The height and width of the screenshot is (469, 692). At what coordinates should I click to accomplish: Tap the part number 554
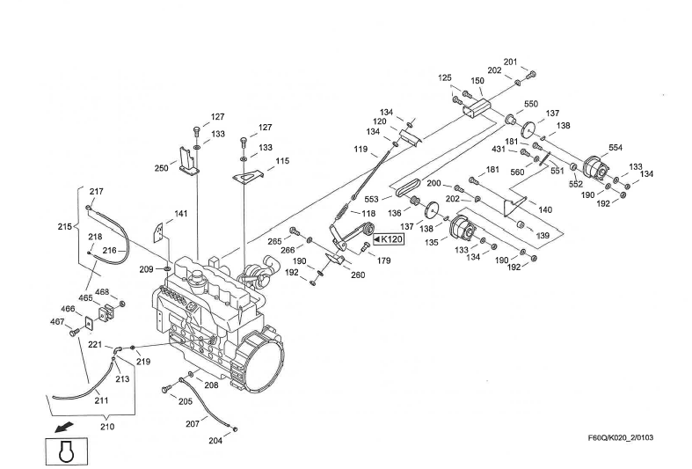click(615, 148)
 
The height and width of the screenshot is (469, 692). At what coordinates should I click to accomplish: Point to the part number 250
click(162, 167)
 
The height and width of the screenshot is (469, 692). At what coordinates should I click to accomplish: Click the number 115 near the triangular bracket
click(281, 161)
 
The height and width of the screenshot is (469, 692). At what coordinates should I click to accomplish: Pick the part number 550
click(531, 104)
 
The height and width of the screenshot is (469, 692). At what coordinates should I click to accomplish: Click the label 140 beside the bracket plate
click(544, 210)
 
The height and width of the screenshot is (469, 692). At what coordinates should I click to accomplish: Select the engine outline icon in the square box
click(63, 451)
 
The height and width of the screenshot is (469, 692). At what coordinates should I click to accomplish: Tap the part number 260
click(358, 275)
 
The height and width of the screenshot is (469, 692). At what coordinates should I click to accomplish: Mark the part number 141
click(180, 214)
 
